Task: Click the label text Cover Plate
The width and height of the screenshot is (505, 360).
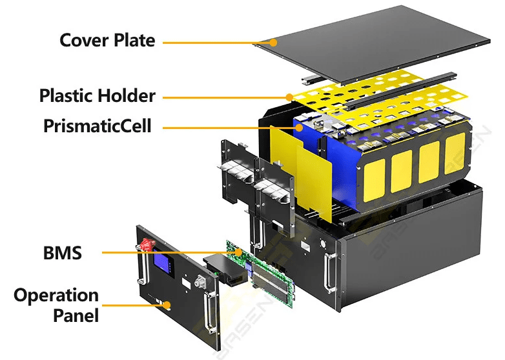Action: coord(107,40)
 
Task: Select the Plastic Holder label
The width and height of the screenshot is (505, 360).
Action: coord(98,96)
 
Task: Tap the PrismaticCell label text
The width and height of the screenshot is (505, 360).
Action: coord(98,125)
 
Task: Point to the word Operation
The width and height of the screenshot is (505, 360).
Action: coord(56,295)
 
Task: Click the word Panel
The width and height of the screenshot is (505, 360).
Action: coord(76,315)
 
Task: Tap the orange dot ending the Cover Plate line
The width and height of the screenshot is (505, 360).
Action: coord(274,43)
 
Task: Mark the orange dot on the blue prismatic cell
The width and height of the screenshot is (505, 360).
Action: coord(300,128)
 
